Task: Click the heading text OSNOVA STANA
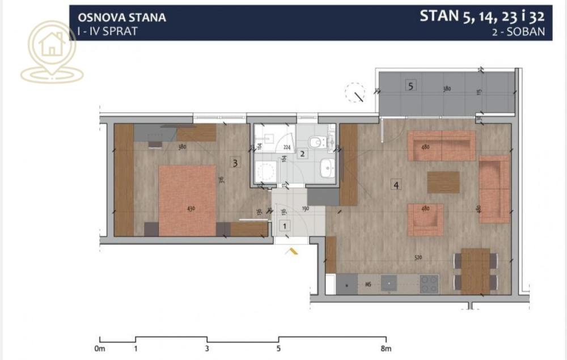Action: coord(121,17)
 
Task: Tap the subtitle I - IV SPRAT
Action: coord(107,31)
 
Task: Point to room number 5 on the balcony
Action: coord(411,86)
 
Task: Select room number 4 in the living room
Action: coord(396,185)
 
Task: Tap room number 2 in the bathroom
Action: coord(303,154)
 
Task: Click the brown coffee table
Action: coord(443,182)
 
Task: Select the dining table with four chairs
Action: coord(475,270)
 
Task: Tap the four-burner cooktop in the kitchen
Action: coord(429,283)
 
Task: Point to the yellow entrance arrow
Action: coord(293,251)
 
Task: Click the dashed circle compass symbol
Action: coord(356,92)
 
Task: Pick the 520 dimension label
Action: coord(418,258)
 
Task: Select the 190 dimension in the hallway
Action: coord(304,209)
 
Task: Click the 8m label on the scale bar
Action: coord(386,348)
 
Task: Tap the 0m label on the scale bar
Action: coord(100,348)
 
